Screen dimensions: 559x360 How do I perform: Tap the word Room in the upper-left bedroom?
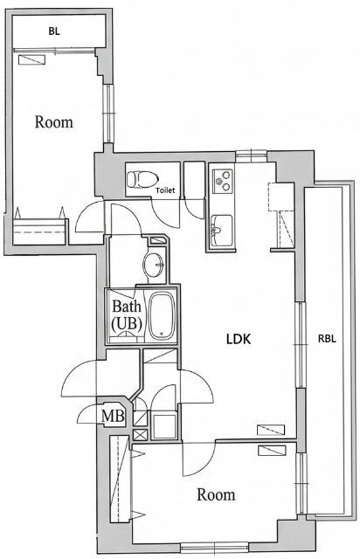pyautogui.click(x=53, y=121)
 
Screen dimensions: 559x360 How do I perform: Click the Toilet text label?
pyautogui.click(x=165, y=189)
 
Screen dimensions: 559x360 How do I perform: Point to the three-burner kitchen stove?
pyautogui.click(x=221, y=182)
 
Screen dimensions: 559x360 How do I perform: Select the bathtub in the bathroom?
pyautogui.click(x=162, y=315)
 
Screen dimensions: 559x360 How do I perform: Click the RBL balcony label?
pyautogui.click(x=327, y=339)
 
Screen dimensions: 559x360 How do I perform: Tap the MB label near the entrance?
pyautogui.click(x=113, y=415)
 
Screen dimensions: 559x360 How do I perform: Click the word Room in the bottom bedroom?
pyautogui.click(x=215, y=495)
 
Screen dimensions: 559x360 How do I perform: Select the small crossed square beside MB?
pyautogui.click(x=140, y=434)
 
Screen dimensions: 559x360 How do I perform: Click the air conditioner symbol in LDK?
pyautogui.click(x=271, y=429)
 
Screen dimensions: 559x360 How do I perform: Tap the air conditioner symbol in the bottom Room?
pyautogui.click(x=273, y=450)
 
